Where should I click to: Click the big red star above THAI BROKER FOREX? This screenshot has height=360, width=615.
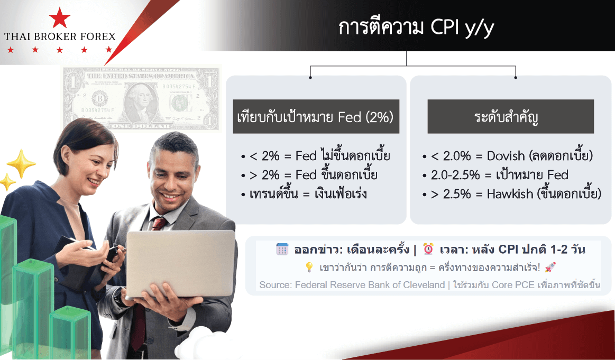tap(60, 17)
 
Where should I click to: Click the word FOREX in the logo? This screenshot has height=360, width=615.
tap(98, 37)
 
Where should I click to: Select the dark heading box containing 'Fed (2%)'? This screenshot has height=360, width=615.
tap(316, 116)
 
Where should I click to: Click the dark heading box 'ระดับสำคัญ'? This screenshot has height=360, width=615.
tap(511, 116)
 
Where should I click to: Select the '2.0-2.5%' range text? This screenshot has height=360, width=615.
tap(455, 175)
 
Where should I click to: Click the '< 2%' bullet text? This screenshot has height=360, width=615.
tap(264, 156)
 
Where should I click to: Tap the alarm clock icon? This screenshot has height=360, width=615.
tap(428, 249)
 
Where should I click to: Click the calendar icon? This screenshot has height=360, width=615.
tap(282, 249)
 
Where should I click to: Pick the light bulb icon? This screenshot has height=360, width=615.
tap(309, 267)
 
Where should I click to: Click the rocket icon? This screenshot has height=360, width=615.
tap(550, 267)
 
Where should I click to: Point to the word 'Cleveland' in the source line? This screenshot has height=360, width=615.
tap(425, 285)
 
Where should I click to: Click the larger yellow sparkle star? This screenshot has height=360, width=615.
tap(21, 163)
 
